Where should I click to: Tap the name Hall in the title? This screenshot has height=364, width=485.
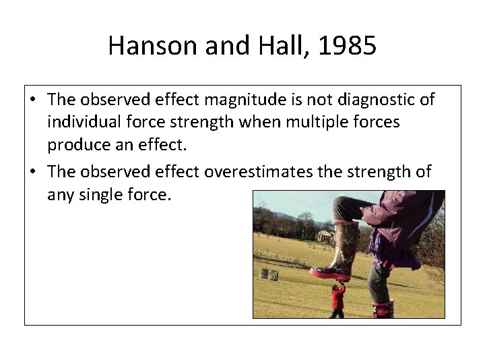tap(276, 47)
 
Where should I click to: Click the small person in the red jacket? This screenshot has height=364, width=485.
tap(337, 299)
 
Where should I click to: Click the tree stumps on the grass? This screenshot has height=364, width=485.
tap(269, 274)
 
